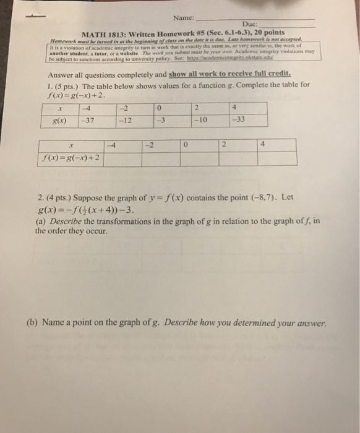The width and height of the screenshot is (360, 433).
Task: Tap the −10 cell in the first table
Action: (x=198, y=120)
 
